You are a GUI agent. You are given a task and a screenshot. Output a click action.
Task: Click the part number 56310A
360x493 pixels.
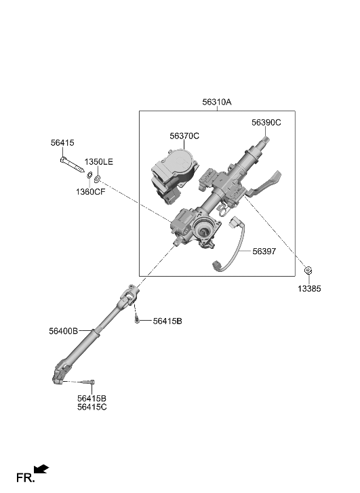pos(216,102)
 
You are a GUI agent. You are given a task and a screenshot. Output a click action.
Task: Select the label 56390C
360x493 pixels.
pos(266,123)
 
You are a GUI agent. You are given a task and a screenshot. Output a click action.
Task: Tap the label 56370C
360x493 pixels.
pos(184,136)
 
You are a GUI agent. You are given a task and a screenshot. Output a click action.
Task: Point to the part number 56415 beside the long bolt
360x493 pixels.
pos(62,143)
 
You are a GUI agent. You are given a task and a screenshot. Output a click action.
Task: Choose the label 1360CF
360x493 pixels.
pos(90,192)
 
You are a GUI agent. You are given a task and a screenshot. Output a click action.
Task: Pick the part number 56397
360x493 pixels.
pos(265,251)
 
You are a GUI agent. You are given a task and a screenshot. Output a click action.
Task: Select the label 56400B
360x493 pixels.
pos(64,331)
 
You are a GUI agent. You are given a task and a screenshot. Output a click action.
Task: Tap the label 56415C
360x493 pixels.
pos(92,407)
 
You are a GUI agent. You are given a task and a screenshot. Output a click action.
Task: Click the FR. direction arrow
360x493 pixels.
pos(42,469)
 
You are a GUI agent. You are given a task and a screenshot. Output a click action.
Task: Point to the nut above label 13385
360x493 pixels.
pos(308,271)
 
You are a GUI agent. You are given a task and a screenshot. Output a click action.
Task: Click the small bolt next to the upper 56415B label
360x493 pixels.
pos(138,321)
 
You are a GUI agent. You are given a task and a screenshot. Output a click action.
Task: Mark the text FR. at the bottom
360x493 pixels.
pos(24,478)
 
